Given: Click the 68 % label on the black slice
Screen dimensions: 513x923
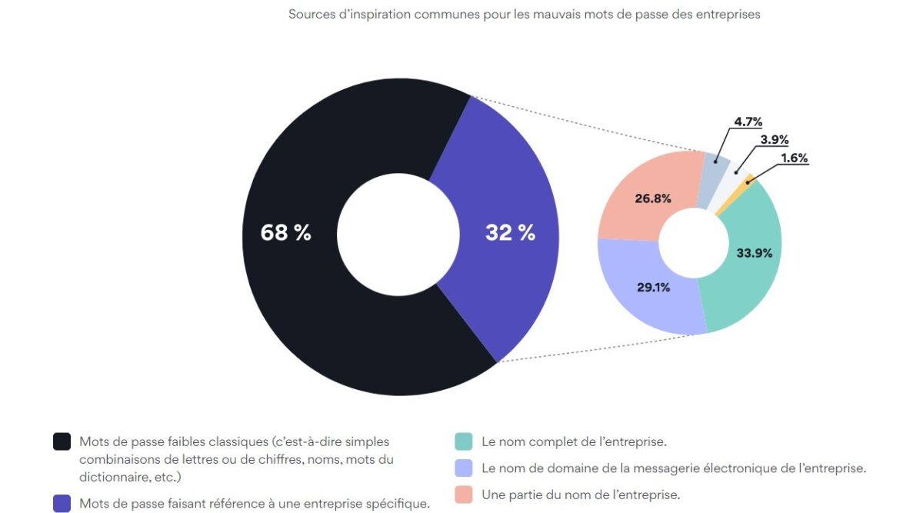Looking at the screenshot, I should pyautogui.click(x=285, y=233).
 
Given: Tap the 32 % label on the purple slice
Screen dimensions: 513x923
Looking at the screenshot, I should pyautogui.click(x=510, y=233).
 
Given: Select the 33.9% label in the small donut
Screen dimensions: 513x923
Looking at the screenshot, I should pyautogui.click(x=754, y=252).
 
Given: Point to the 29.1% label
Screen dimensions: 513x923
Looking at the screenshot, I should pyautogui.click(x=653, y=288).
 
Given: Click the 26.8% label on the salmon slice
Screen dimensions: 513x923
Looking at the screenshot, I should pyautogui.click(x=653, y=198).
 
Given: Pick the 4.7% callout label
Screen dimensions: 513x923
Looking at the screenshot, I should pyautogui.click(x=747, y=122).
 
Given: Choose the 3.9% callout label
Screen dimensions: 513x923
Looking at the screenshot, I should pyautogui.click(x=773, y=139).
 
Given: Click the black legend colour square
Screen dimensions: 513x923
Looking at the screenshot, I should pyautogui.click(x=62, y=441).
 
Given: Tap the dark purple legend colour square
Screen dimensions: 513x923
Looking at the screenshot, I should pyautogui.click(x=62, y=504).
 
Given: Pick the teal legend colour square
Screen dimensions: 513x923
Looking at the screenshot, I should pyautogui.click(x=463, y=441).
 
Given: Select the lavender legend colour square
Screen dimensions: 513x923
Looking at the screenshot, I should pyautogui.click(x=463, y=468).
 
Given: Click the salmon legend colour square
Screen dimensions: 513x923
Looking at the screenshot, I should pyautogui.click(x=463, y=495).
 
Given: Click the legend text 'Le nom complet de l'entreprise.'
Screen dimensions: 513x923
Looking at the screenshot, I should pyautogui.click(x=574, y=442).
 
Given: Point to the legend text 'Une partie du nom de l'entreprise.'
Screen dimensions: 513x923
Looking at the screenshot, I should pyautogui.click(x=581, y=495).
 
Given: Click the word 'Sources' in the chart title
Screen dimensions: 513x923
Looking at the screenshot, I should pyautogui.click(x=311, y=14).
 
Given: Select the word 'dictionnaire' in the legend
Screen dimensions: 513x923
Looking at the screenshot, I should pyautogui.click(x=115, y=478).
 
